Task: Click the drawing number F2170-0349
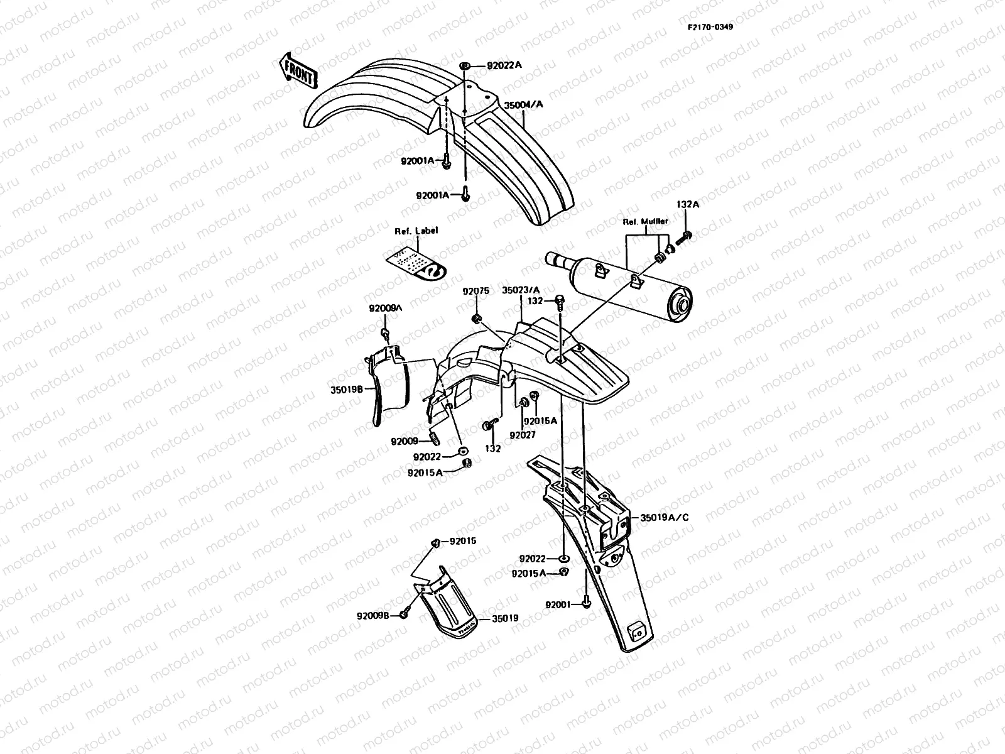(x=709, y=28)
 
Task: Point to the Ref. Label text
(x=416, y=231)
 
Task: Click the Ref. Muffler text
(x=645, y=221)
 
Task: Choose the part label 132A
(x=688, y=204)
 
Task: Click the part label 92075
(x=475, y=292)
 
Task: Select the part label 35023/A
(x=521, y=290)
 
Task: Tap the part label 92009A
(x=386, y=309)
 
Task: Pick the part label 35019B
(x=347, y=389)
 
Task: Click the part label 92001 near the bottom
(x=558, y=605)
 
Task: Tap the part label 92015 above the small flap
(x=462, y=541)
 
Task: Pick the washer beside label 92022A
(x=465, y=65)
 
